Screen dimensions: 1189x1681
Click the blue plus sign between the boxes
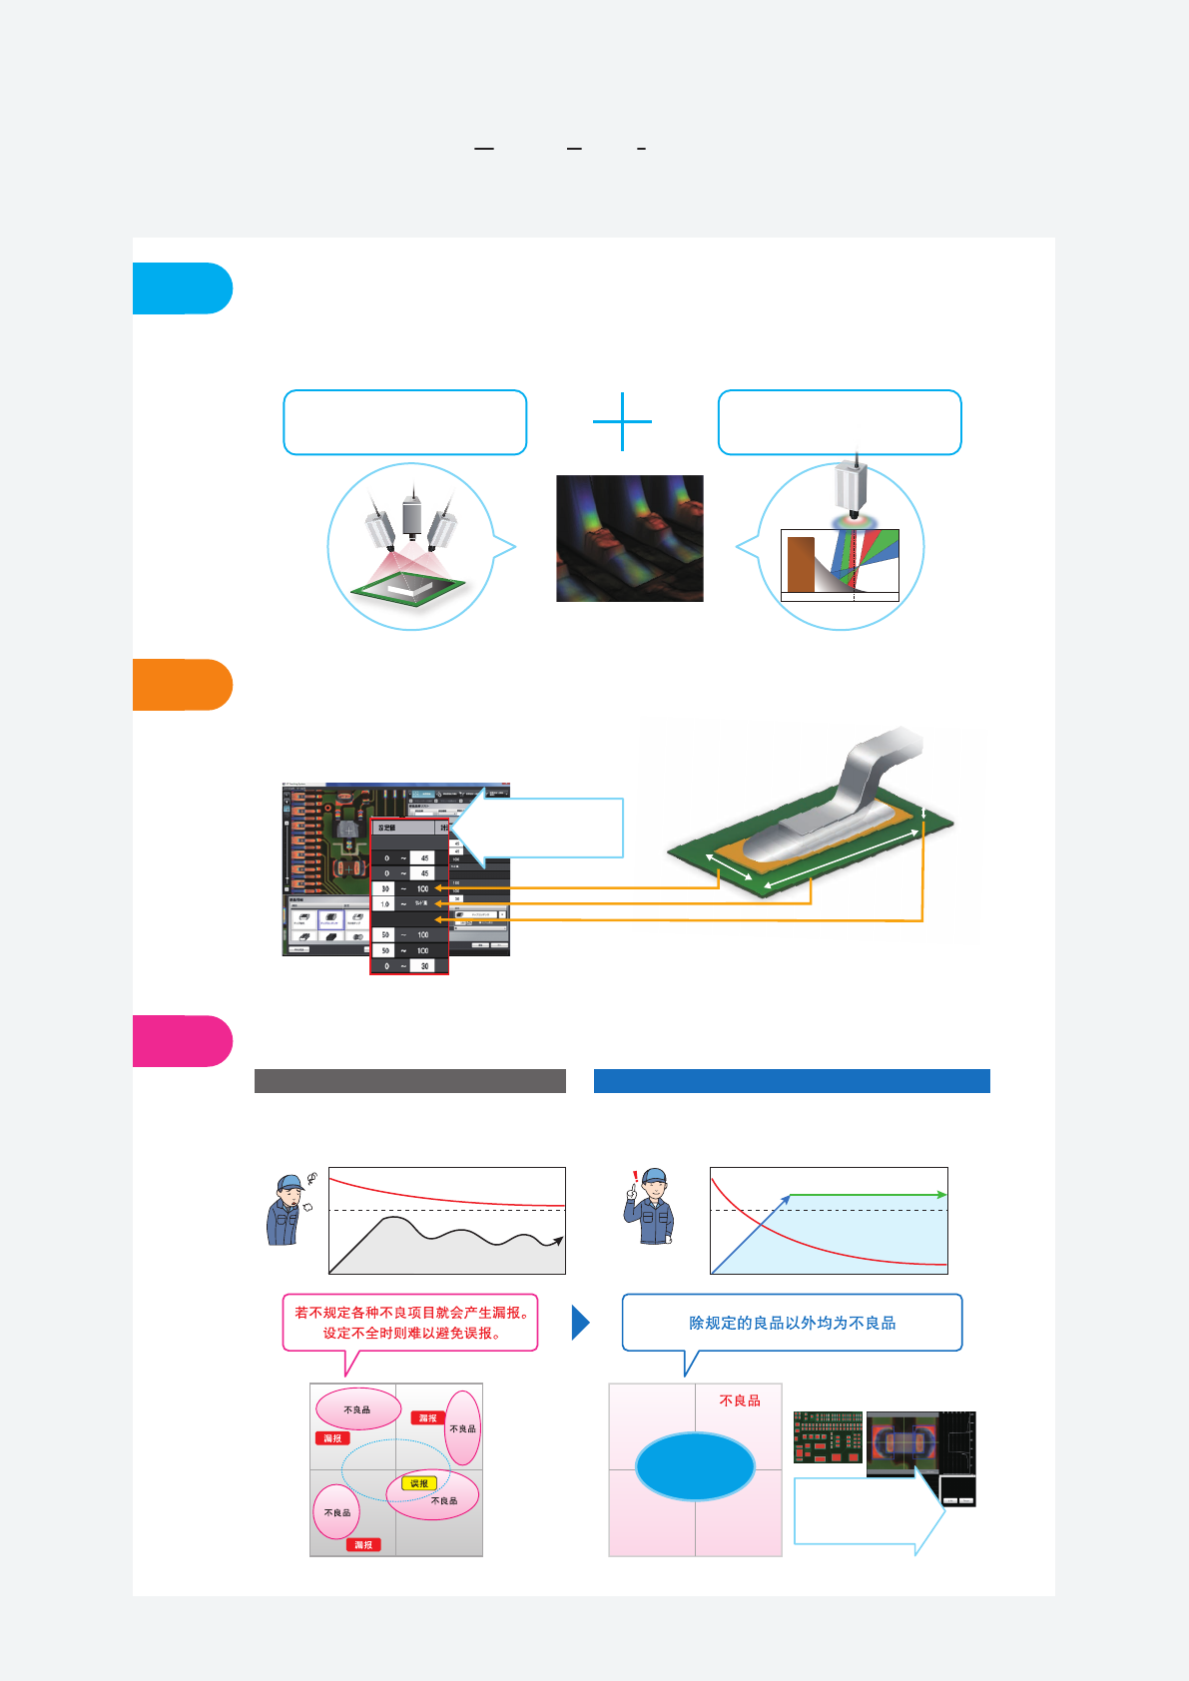(622, 421)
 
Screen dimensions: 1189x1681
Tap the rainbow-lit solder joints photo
(629, 538)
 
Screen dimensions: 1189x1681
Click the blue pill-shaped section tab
(182, 288)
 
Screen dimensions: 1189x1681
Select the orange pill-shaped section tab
(182, 685)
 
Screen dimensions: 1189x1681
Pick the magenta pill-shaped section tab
(182, 1041)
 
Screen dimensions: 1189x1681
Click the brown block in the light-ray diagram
(801, 565)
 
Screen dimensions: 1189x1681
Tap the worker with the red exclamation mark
(650, 1207)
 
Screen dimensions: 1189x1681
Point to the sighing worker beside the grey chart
(287, 1211)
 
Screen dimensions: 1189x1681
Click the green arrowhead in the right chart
(940, 1195)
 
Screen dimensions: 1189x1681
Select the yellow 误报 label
(419, 1483)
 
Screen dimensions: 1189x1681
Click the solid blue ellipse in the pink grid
(695, 1466)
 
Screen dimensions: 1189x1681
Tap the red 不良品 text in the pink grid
(740, 1401)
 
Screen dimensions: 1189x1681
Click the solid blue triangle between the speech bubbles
(580, 1323)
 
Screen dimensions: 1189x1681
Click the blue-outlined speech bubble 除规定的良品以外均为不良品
(792, 1323)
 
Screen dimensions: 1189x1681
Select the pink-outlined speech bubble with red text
(410, 1323)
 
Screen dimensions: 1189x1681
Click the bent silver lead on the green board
(859, 789)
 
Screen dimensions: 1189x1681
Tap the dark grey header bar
(409, 1081)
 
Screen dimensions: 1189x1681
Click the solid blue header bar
(792, 1081)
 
